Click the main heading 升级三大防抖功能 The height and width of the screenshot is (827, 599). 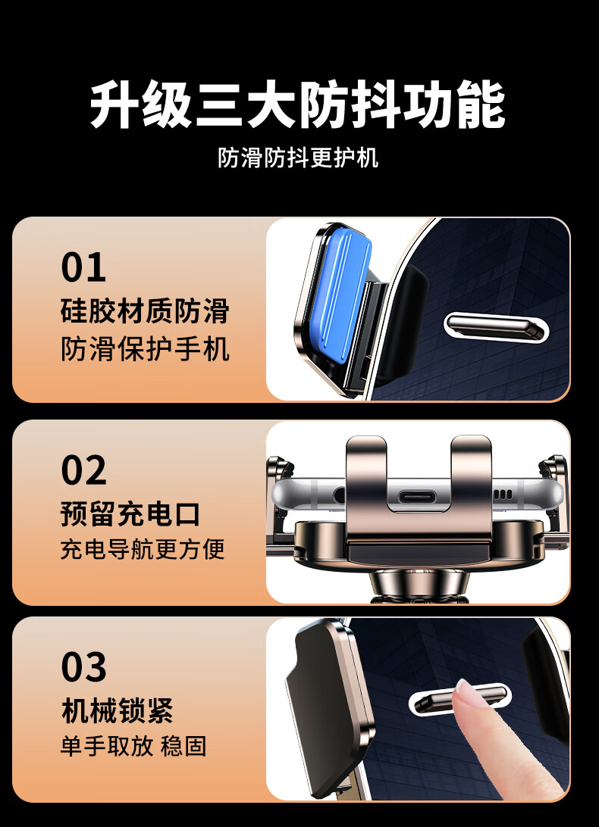point(298,104)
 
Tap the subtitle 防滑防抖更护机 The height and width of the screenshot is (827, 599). point(299,158)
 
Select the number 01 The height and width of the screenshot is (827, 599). point(83,267)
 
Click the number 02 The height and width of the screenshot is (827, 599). point(83,470)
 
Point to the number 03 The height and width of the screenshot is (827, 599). point(83,666)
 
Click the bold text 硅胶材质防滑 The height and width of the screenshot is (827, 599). point(146,311)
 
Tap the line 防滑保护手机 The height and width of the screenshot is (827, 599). point(146,348)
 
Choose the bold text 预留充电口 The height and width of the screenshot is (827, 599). point(130,514)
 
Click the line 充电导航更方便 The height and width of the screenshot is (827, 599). point(143,549)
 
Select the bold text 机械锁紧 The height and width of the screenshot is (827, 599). point(118,710)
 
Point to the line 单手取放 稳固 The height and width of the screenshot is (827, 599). point(133,746)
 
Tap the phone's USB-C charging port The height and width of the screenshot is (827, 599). point(419,496)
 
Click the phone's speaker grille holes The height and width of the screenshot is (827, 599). point(503,495)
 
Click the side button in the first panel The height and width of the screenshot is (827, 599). point(495,326)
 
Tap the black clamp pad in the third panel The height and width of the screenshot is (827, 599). point(321,707)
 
